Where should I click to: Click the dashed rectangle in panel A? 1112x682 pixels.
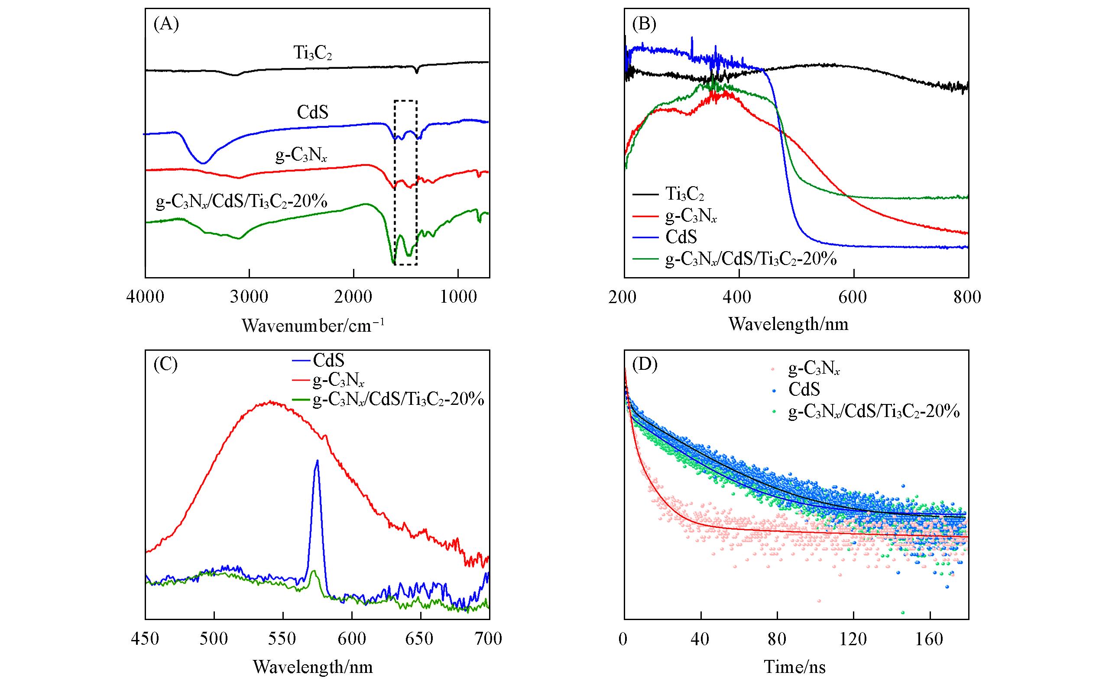(x=405, y=182)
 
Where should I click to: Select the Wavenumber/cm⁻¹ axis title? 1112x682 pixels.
(x=313, y=325)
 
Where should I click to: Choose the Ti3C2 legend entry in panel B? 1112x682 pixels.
(x=684, y=194)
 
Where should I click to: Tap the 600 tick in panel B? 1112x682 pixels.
(x=853, y=297)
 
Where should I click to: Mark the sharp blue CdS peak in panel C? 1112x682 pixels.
(x=317, y=461)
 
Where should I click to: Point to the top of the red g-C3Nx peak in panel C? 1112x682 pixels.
(x=270, y=401)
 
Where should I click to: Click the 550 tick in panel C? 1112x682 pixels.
(x=283, y=639)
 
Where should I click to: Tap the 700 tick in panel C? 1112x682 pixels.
(x=489, y=639)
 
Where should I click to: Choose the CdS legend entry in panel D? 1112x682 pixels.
(x=804, y=389)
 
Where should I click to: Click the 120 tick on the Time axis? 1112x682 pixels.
(x=853, y=639)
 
